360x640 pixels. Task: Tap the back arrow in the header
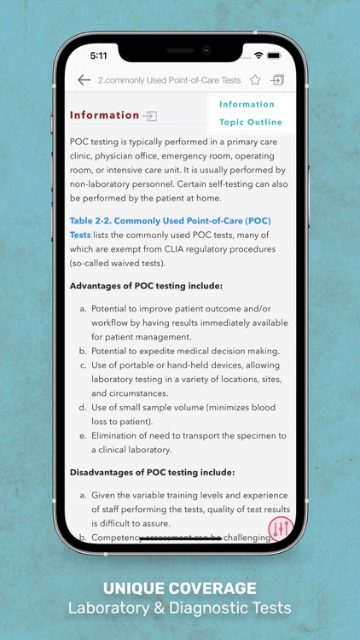point(84,80)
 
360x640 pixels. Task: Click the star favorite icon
point(255,80)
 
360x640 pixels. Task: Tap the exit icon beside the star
point(277,80)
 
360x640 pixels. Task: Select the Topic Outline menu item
point(251,122)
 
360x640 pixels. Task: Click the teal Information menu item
point(247,104)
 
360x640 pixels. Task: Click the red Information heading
point(104,115)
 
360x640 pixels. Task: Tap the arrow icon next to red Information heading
point(150,115)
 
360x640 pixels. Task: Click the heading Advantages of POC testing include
point(146,285)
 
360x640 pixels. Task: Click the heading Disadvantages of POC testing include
point(152,472)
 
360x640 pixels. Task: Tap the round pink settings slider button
point(280,528)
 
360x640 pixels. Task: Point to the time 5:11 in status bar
point(100,55)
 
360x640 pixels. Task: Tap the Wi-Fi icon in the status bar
point(258,55)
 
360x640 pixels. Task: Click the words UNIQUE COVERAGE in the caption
point(180,588)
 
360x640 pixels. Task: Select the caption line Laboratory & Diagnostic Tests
point(180,608)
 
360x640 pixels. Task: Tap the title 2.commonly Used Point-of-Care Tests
point(169,80)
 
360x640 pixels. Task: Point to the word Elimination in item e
point(118,435)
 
